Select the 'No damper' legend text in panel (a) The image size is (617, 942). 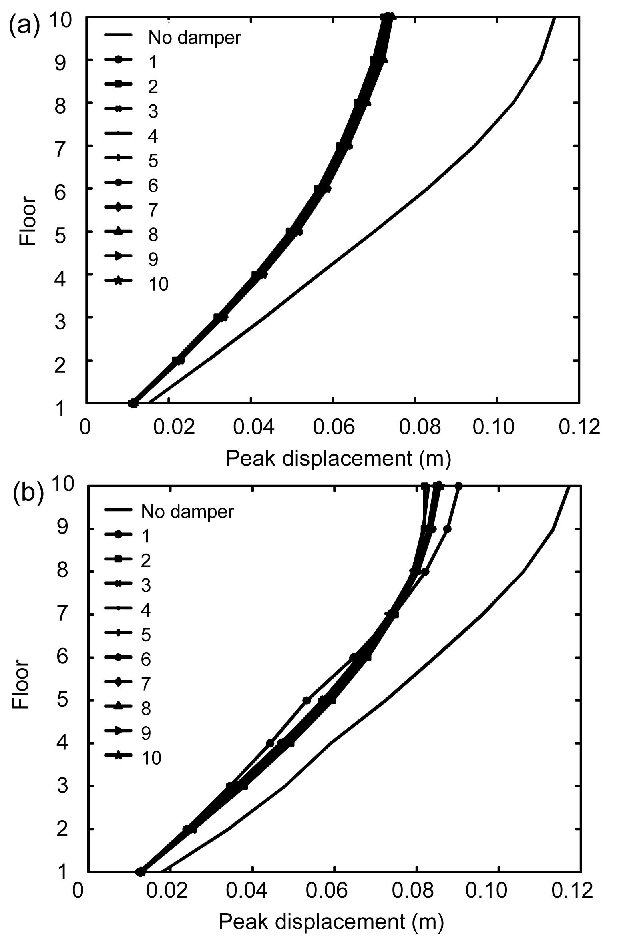point(195,38)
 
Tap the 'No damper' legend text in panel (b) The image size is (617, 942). point(187,511)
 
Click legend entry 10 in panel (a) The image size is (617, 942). point(158,284)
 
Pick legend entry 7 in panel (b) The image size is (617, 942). point(146,683)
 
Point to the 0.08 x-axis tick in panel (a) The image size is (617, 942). point(419,428)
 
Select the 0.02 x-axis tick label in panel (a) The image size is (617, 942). point(174,428)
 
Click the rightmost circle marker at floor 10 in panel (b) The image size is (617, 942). point(459,486)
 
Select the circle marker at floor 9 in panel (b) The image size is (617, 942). point(448,529)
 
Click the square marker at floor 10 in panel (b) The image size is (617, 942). point(424,486)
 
